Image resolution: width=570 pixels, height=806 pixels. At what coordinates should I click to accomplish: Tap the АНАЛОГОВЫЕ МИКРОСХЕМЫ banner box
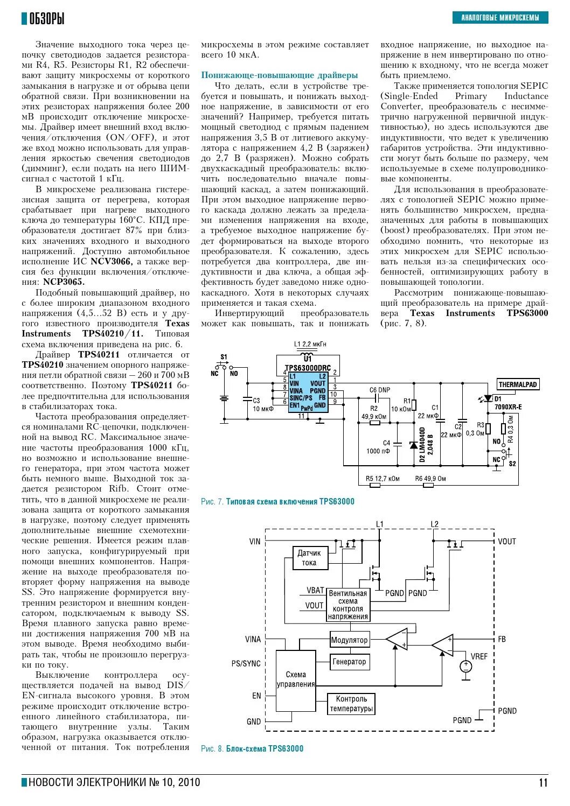[x=500, y=18]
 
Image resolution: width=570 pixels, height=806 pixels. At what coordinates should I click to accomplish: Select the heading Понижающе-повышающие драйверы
[x=279, y=75]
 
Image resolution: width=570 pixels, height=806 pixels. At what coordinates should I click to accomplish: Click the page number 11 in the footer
[x=543, y=782]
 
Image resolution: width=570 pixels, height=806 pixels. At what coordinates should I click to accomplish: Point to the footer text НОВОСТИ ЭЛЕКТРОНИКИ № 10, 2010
[x=114, y=782]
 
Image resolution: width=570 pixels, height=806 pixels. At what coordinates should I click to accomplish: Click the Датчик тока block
[x=309, y=558]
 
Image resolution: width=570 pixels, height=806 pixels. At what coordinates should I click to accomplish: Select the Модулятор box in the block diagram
[x=349, y=640]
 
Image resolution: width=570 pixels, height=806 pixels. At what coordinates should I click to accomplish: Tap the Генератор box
[x=349, y=662]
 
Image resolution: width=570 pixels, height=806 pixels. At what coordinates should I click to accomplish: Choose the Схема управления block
[x=296, y=679]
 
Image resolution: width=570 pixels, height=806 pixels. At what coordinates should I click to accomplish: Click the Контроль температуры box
[x=351, y=704]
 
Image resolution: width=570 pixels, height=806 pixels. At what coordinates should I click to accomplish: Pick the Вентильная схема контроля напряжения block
[x=348, y=605]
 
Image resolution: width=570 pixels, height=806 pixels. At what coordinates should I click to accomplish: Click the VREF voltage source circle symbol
[x=466, y=667]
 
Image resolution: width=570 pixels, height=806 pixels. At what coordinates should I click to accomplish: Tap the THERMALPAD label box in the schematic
[x=517, y=384]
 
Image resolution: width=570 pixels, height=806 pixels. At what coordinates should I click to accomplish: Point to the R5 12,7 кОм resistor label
[x=383, y=478]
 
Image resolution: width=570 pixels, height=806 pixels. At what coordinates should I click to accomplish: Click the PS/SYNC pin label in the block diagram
[x=246, y=663]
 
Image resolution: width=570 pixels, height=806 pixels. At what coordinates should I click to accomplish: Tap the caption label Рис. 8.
[x=212, y=749]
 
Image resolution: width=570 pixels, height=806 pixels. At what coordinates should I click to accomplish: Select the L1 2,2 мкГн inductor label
[x=310, y=344]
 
